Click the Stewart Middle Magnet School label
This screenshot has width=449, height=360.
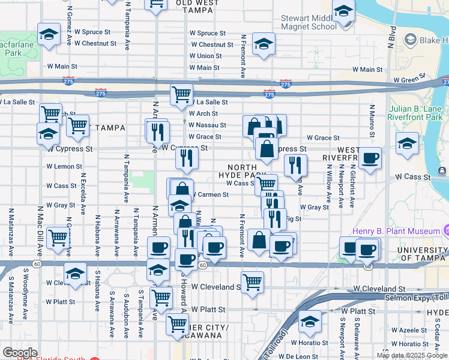click(x=309, y=22)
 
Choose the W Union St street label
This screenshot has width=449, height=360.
click(x=205, y=56)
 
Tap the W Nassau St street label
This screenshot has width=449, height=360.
click(x=207, y=125)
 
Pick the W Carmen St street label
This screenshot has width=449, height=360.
click(x=209, y=194)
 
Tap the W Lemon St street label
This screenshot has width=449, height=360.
click(x=64, y=166)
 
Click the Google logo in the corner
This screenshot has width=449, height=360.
click(x=20, y=353)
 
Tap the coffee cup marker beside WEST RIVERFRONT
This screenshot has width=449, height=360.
click(x=370, y=158)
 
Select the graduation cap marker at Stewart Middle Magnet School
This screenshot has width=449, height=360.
click(x=343, y=12)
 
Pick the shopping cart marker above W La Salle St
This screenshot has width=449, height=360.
click(x=181, y=95)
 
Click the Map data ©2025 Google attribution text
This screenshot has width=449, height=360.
click(x=412, y=355)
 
